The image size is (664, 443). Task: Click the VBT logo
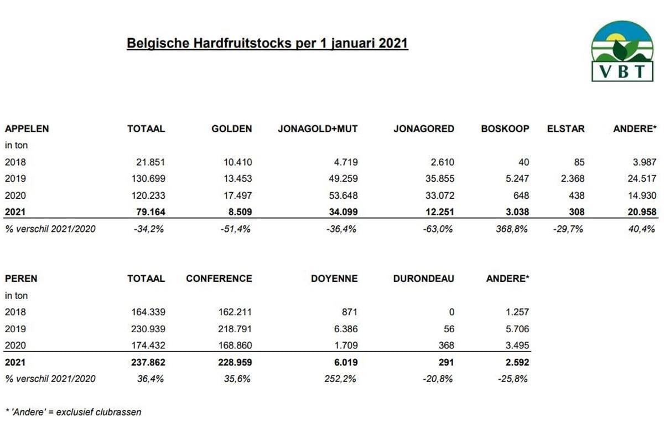[622, 51]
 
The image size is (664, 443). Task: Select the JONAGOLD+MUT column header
[318, 128]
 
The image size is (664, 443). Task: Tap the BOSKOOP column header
[505, 128]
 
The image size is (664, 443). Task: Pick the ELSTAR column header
[565, 128]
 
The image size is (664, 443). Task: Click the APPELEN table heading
[27, 128]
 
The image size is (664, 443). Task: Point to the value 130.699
[146, 178]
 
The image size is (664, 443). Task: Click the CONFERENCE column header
[219, 278]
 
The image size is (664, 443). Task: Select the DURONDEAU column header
[423, 278]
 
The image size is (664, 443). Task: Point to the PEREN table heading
[21, 278]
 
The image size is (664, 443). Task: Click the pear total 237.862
[146, 362]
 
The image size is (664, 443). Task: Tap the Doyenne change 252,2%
[341, 379]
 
